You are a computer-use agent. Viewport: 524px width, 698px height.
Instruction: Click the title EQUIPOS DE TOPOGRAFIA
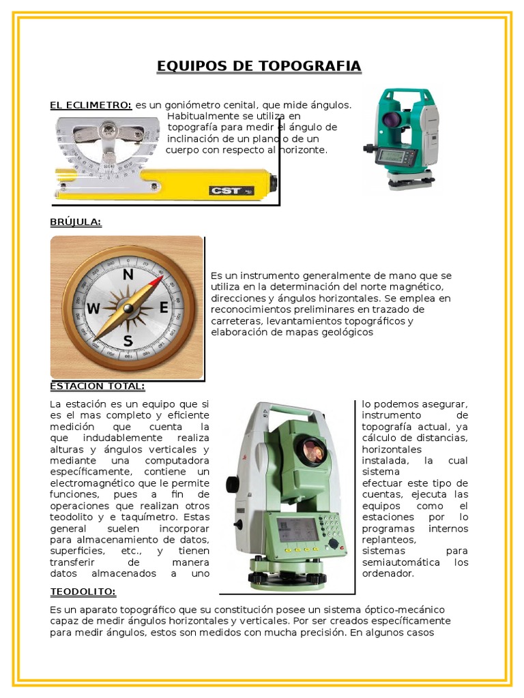(259, 66)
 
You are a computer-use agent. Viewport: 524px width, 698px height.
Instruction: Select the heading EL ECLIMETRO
(91, 105)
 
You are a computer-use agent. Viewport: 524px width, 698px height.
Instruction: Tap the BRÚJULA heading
(76, 222)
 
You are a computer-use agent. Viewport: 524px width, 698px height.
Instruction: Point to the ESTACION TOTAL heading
(98, 386)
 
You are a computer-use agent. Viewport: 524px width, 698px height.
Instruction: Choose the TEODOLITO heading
(83, 591)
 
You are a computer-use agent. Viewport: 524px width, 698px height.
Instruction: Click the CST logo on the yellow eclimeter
(227, 191)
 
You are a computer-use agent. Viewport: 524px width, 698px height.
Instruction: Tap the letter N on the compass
(128, 275)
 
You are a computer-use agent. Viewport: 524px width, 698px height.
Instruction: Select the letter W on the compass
(93, 309)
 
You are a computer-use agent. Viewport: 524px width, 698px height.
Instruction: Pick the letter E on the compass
(164, 308)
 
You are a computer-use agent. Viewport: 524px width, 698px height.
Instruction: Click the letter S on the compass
(128, 341)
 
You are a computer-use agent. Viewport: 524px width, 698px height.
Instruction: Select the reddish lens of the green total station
(313, 450)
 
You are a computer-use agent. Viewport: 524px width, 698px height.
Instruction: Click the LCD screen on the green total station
(298, 529)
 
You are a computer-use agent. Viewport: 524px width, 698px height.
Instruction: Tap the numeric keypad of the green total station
(330, 526)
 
